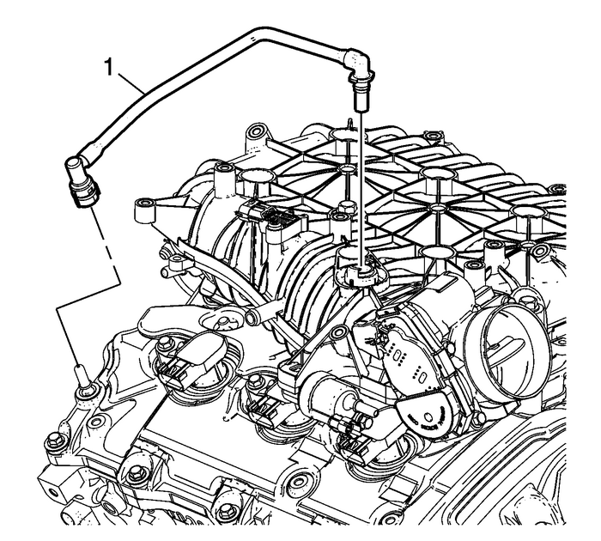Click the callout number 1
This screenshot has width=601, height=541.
click(x=107, y=64)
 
